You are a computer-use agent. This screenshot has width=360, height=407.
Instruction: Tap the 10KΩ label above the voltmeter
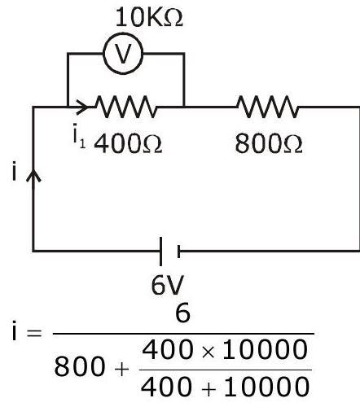[x=149, y=18]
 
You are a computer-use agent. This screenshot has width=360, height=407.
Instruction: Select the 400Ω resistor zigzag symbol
[x=126, y=107]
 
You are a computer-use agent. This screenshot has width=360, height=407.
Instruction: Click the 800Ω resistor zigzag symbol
[x=268, y=107]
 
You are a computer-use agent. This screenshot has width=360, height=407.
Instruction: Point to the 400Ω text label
[x=128, y=144]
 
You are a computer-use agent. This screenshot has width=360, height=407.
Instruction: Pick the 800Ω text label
[x=269, y=144]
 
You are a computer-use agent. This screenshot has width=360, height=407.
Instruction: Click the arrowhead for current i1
[x=81, y=107]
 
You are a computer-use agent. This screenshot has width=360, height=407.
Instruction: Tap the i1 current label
[x=79, y=136]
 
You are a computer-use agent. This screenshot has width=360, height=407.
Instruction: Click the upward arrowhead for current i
[x=33, y=176]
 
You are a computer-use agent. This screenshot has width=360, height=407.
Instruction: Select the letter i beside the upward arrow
[x=14, y=171]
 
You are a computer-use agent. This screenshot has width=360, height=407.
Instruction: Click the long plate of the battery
[x=160, y=252]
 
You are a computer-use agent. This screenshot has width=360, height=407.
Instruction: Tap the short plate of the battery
[x=178, y=252]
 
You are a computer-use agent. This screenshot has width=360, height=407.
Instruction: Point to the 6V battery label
[x=168, y=285]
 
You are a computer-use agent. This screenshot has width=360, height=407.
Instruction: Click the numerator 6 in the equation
[x=182, y=313]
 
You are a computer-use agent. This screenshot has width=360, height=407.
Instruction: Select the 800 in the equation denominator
[x=79, y=366]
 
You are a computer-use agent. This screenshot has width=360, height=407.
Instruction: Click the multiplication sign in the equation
[x=208, y=352]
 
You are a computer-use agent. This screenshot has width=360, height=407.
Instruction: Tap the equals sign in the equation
[x=34, y=333]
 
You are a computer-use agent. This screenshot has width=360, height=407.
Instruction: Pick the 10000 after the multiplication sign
[x=265, y=350]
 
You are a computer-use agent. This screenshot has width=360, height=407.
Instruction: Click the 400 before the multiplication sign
[x=168, y=350]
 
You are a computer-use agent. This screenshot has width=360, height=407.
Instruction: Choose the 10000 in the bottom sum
[x=266, y=387]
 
